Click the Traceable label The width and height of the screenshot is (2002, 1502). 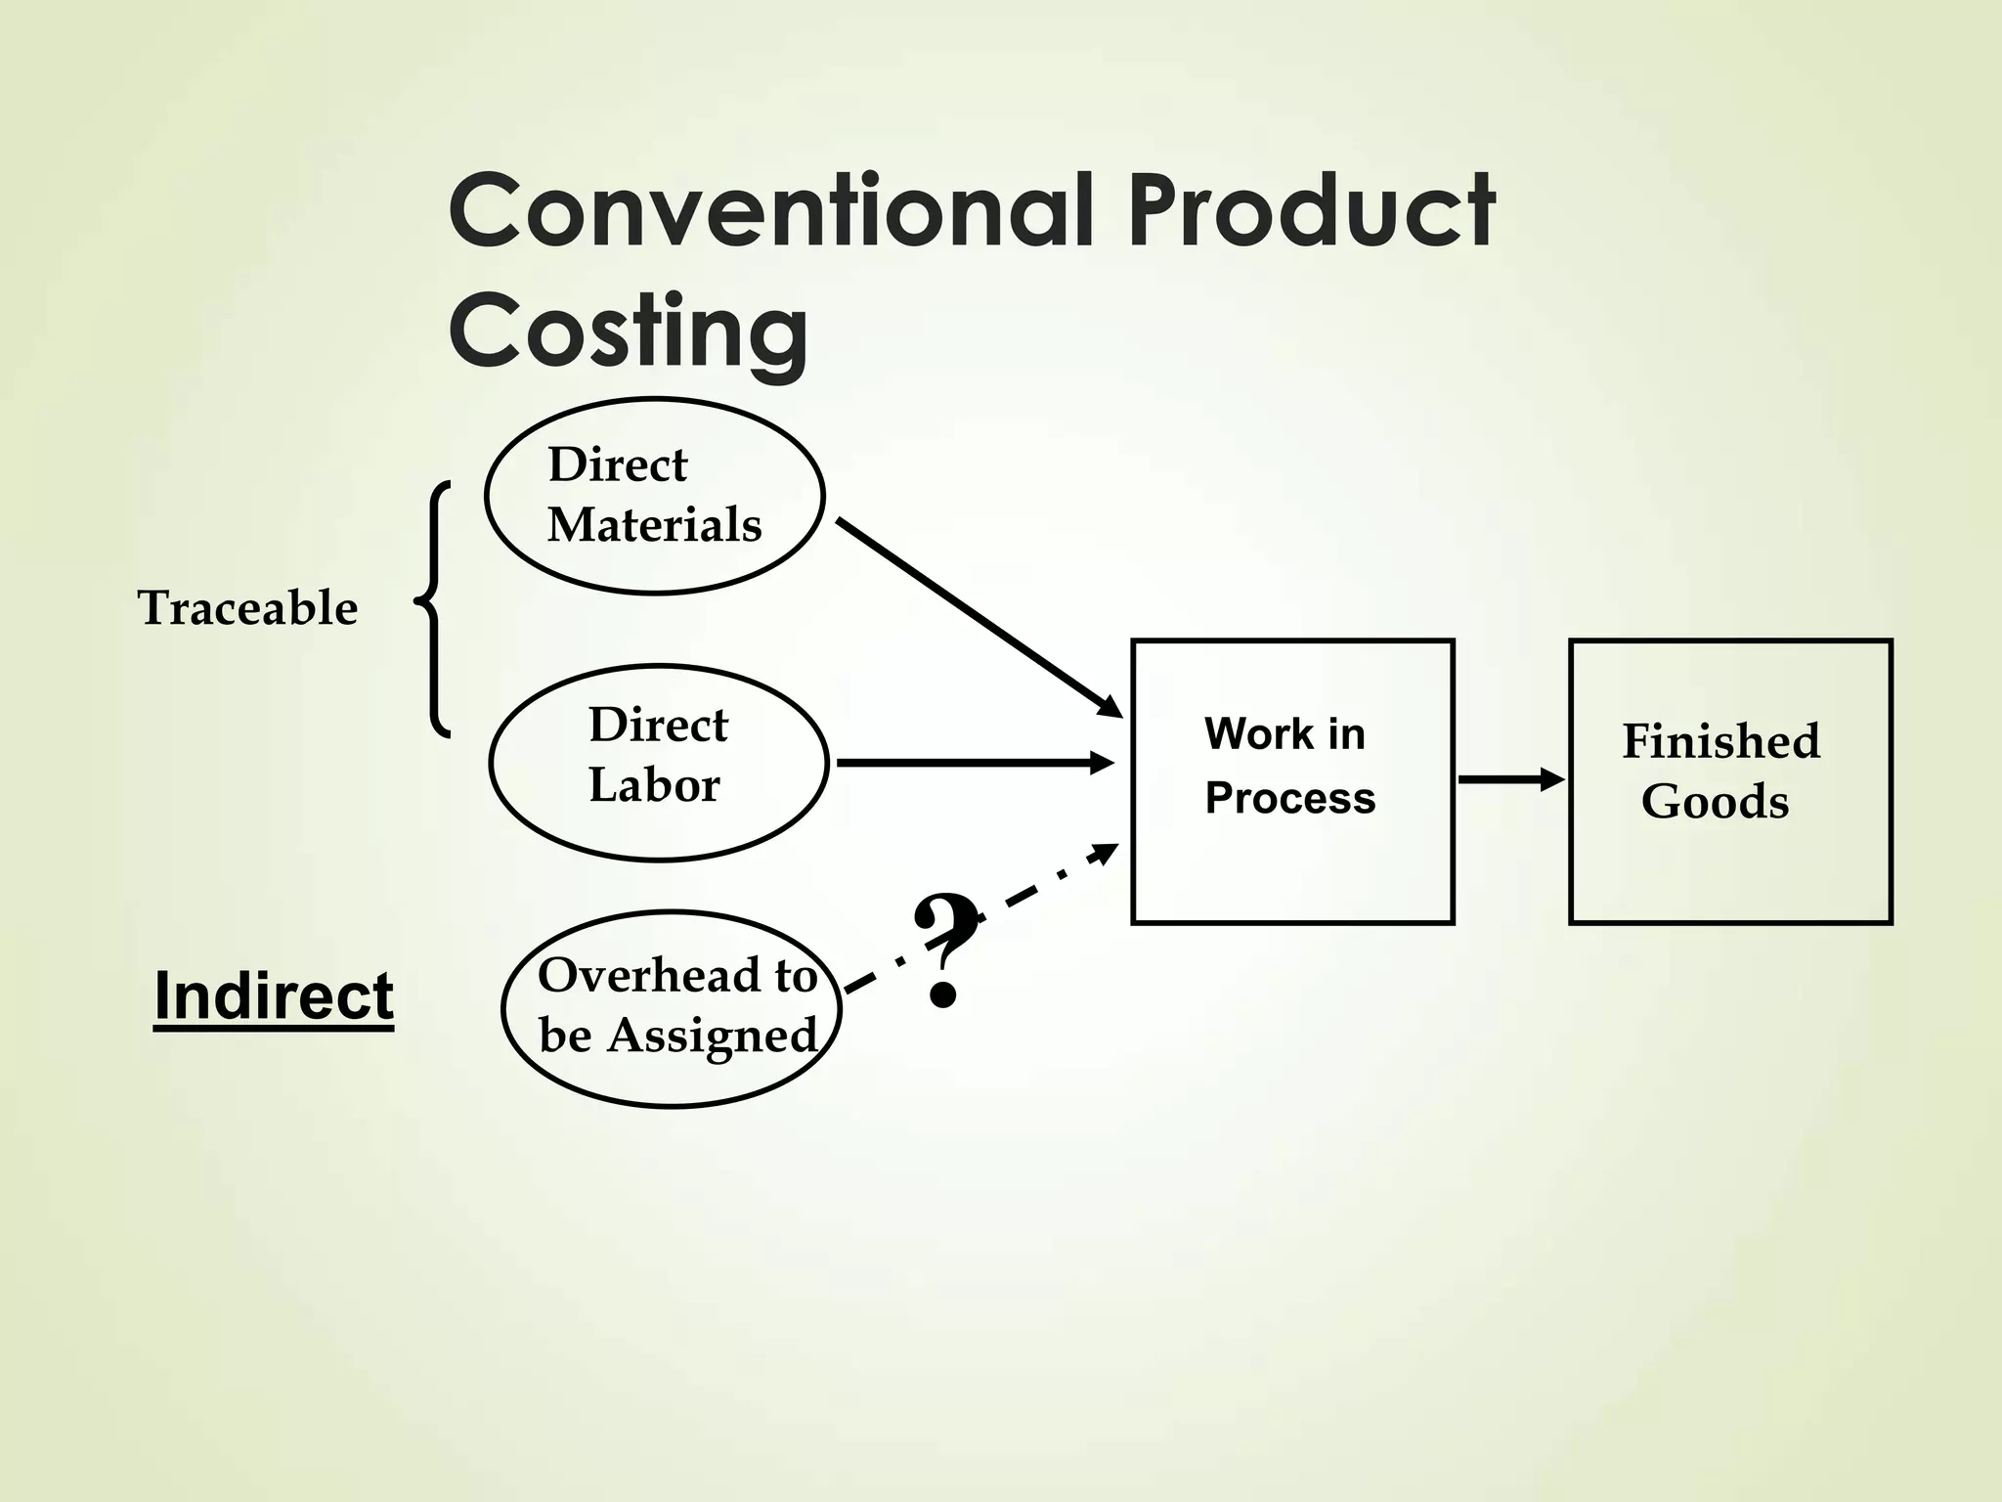click(x=247, y=608)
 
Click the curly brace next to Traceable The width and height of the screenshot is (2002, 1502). click(x=433, y=607)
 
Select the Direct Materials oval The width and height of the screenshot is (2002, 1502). click(x=654, y=496)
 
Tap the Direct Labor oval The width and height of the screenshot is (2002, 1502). click(x=658, y=763)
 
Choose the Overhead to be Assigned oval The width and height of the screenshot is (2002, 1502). click(x=672, y=1008)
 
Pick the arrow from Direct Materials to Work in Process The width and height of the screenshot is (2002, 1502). click(x=978, y=617)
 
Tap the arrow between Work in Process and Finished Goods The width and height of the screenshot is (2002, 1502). click(x=1510, y=779)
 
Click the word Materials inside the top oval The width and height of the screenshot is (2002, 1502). click(x=654, y=525)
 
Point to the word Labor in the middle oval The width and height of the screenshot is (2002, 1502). click(x=654, y=785)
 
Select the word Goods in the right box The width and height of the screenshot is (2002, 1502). click(x=1715, y=802)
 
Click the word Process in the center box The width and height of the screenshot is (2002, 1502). click(x=1289, y=799)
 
